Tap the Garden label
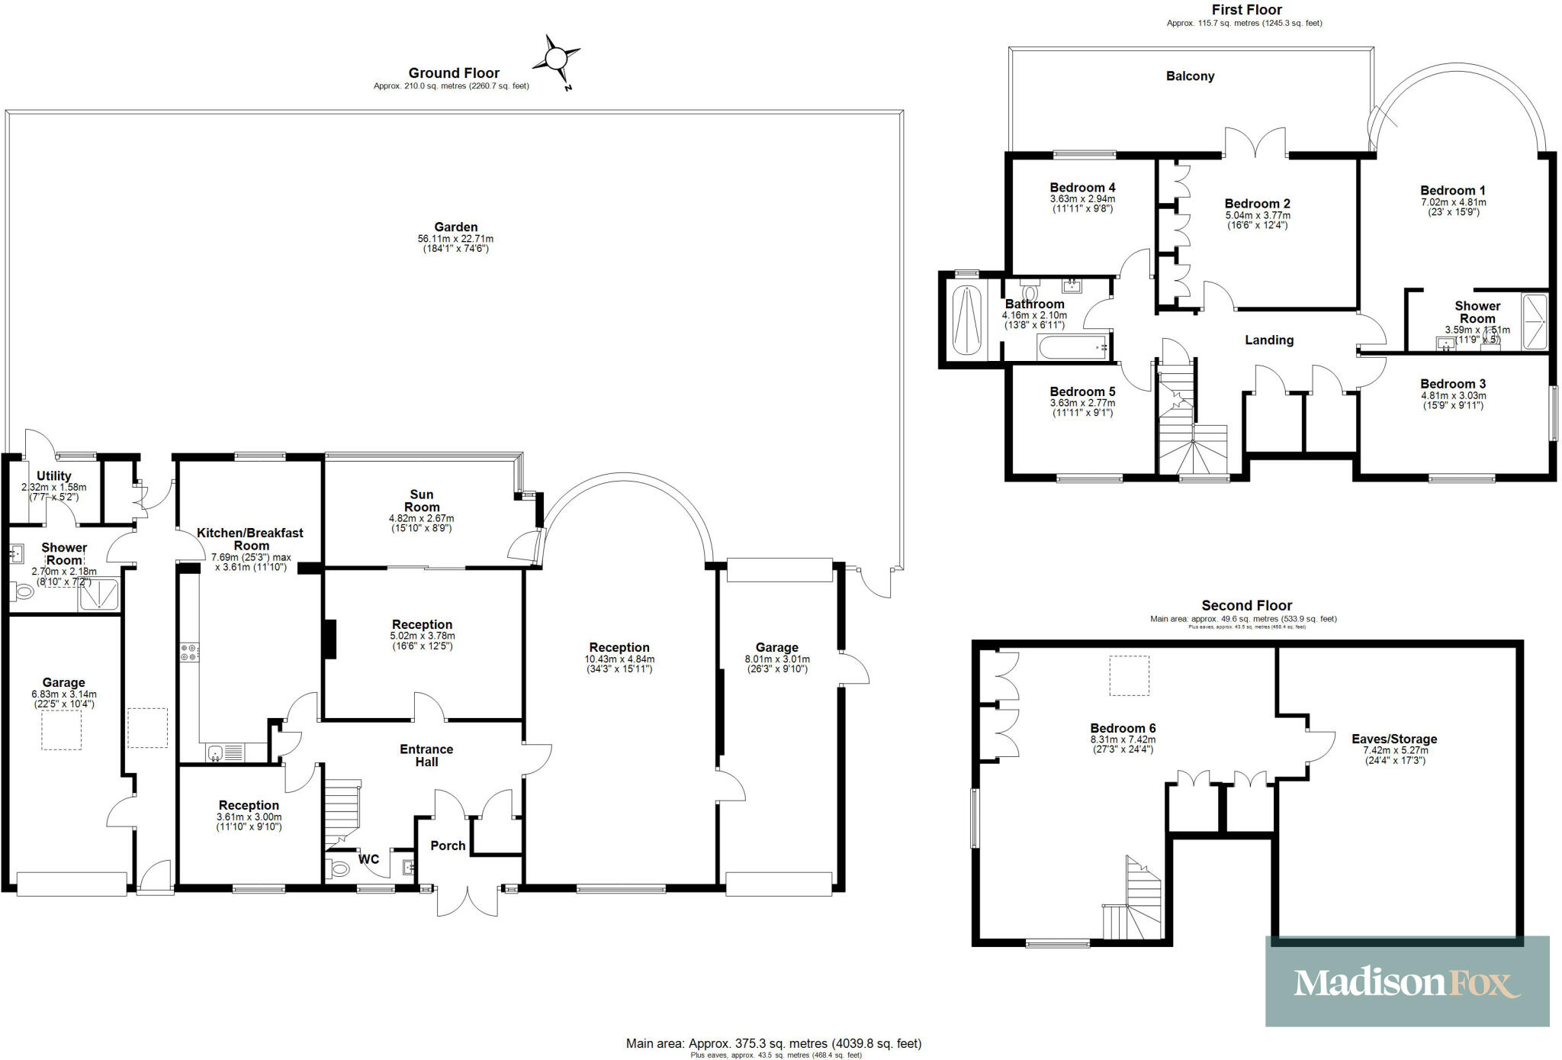(455, 227)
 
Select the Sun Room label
(422, 501)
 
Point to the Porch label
(448, 846)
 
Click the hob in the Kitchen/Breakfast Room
(189, 652)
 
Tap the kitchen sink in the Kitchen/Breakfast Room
(217, 753)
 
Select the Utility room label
(53, 475)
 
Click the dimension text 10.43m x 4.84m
(619, 659)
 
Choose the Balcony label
(1190, 76)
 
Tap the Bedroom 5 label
(1082, 391)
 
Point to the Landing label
(1269, 340)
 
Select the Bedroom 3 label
(1453, 384)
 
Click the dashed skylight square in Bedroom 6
(1129, 675)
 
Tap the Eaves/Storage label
(1394, 739)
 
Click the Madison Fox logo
(1407, 982)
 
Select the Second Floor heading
(1247, 605)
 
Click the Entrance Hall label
(426, 756)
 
